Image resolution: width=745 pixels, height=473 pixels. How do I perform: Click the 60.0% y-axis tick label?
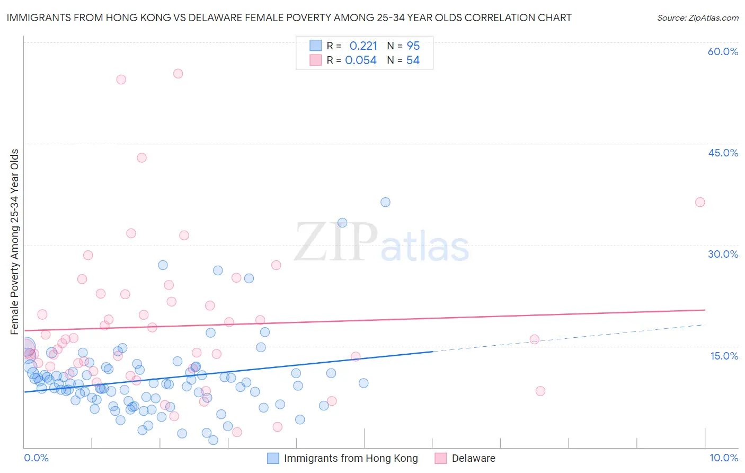(723, 51)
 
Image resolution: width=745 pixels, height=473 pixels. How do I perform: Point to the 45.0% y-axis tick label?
(723, 153)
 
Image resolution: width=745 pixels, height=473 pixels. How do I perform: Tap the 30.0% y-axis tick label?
(723, 254)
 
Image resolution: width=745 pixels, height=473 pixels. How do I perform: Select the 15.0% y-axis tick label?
(724, 356)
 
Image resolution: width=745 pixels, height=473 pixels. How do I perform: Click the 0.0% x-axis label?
(36, 458)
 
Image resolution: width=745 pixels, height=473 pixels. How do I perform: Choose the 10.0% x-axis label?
(723, 458)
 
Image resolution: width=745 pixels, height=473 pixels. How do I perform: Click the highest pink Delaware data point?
(178, 74)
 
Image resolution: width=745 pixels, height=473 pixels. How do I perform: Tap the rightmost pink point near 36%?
(700, 202)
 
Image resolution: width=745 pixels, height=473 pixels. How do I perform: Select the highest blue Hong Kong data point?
(385, 202)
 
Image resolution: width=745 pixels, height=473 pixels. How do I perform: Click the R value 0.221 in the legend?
(363, 46)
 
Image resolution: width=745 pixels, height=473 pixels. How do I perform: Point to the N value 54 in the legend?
(413, 60)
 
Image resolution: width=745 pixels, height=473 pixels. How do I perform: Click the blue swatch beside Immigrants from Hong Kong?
(273, 458)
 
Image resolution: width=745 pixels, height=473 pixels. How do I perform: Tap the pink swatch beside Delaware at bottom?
(440, 458)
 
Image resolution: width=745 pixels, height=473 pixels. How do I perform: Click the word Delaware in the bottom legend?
(473, 458)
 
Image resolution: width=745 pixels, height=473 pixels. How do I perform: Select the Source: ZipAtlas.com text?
(697, 17)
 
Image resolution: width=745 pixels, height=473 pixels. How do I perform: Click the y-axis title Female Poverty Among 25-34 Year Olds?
(15, 242)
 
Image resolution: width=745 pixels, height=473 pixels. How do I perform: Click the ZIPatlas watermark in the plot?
(382, 243)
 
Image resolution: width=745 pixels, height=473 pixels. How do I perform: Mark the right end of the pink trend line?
(705, 310)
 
